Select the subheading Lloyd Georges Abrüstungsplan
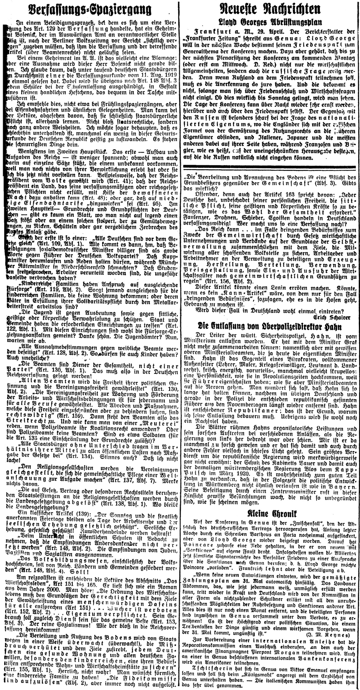coord(269,22)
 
